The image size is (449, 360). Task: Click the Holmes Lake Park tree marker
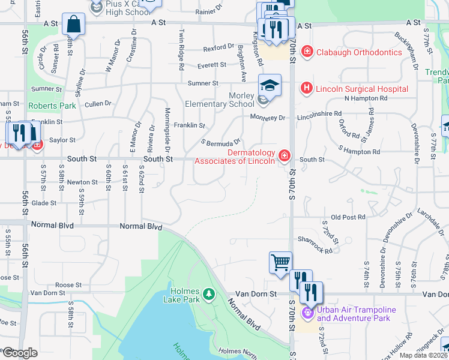pos(208,294)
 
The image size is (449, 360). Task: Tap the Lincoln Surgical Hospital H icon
pos(307,89)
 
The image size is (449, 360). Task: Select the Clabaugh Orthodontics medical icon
pos(307,52)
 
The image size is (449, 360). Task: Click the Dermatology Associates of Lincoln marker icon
pos(284,157)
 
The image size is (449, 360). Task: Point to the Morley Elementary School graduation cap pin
pos(270,85)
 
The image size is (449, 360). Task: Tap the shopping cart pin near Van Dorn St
pos(280,262)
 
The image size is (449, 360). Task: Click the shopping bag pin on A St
pos(73,24)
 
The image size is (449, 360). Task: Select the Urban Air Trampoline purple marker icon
pos(308,313)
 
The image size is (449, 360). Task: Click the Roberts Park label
pos(52,106)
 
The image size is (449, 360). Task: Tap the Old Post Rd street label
pos(348,217)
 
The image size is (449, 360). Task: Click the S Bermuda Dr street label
pos(221,143)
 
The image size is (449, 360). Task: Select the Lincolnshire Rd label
pos(319,113)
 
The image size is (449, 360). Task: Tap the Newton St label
pos(82,182)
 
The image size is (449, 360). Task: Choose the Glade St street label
pos(44,203)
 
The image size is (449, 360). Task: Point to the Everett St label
pos(211,65)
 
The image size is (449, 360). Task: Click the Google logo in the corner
pos(20,353)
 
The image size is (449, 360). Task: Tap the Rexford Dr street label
pos(218,47)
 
